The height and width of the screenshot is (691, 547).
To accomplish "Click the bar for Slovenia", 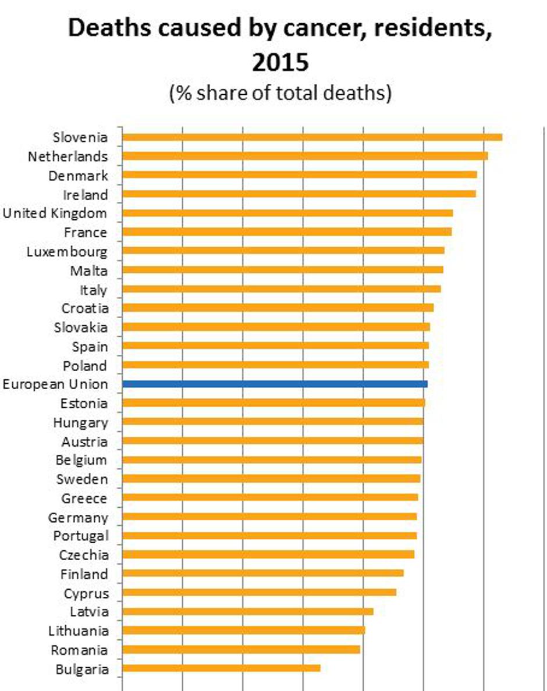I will point(312,137).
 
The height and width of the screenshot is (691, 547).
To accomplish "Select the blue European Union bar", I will point(275,384).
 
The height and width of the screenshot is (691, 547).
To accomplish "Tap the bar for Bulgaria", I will point(221,668).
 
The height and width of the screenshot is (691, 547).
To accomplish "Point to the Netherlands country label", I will point(68,156).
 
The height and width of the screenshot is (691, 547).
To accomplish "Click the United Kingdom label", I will point(55,213).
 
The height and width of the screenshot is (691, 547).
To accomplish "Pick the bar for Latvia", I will point(247,611).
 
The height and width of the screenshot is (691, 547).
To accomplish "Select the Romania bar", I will point(241,649).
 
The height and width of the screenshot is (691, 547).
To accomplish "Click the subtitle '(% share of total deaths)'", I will point(280,93).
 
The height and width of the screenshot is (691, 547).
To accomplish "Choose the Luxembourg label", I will point(67,251).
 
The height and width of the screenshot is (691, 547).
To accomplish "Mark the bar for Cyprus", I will point(259,592).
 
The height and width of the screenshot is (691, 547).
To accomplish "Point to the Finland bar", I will point(262,574).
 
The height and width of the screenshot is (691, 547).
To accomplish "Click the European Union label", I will point(55,384).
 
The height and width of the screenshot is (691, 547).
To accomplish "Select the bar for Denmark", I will point(299,175).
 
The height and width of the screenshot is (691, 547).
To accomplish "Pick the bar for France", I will point(287,231).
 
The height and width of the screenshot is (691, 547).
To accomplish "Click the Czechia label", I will point(83,555).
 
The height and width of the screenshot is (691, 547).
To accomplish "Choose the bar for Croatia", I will point(278,308).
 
